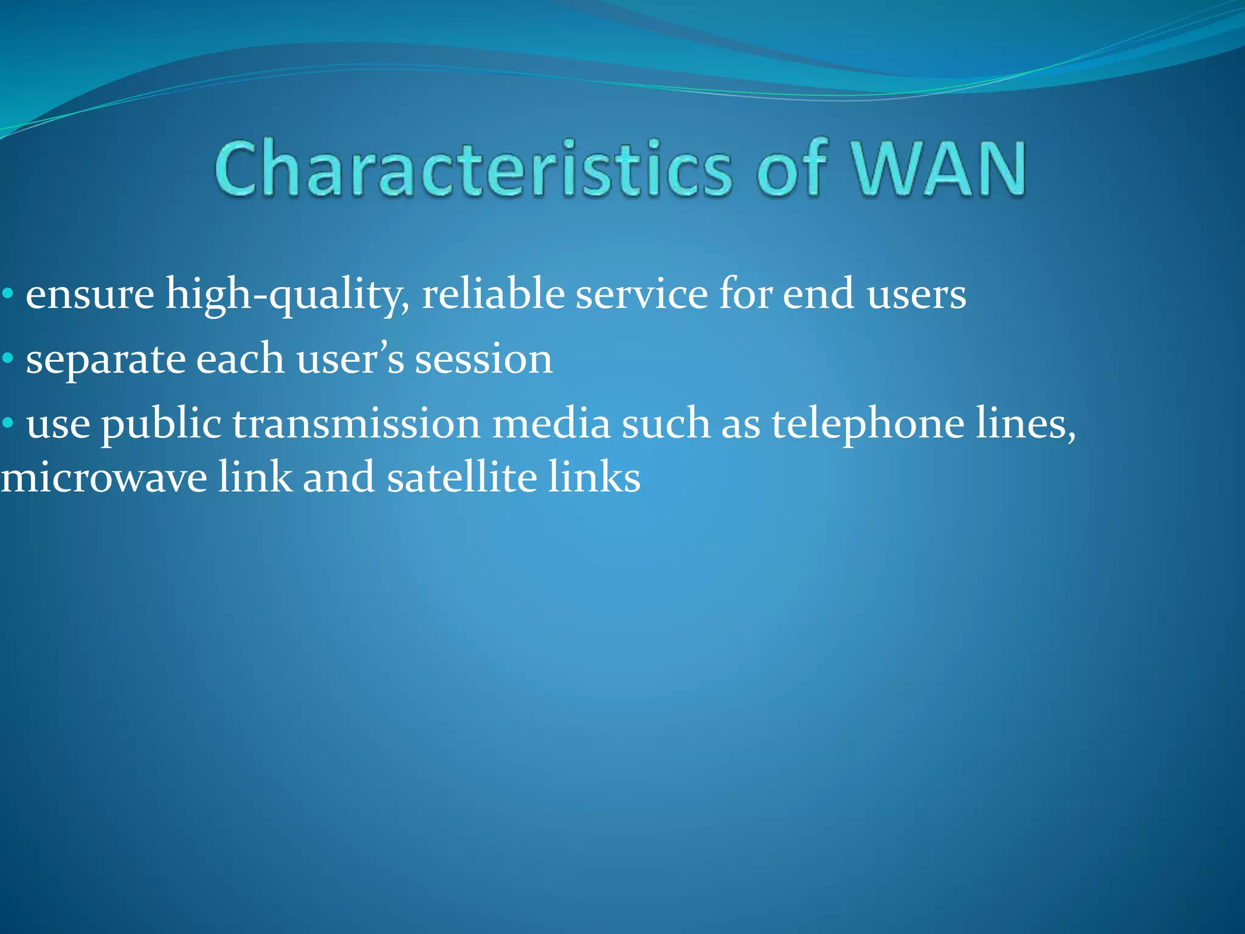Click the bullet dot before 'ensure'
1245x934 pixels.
[8, 295]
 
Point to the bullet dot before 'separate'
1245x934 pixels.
[8, 359]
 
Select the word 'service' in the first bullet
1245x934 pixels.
[641, 294]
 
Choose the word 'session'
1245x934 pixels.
[483, 359]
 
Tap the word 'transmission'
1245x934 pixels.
[356, 423]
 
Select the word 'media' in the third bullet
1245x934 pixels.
[551, 423]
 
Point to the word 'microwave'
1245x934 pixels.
[103, 477]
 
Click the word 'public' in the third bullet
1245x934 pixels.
[160, 424]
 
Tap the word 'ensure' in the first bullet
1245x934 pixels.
[90, 295]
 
